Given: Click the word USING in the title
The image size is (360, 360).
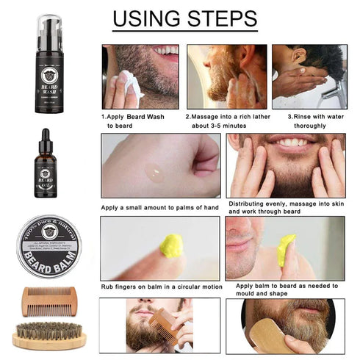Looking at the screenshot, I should coord(147,18).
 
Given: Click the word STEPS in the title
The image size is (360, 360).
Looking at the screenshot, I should coord(220,18).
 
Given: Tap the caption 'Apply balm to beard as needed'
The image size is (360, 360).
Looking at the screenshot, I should coord(283,286).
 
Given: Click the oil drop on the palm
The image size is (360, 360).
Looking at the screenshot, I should coord(154,173).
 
